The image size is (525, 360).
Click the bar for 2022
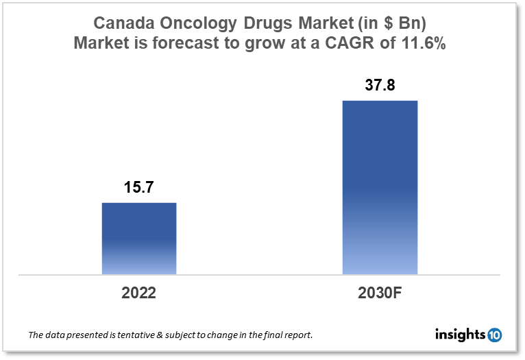(x=139, y=238)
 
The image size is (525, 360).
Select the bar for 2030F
(x=380, y=187)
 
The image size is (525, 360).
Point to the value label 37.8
(x=380, y=86)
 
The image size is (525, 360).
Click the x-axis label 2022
(x=139, y=293)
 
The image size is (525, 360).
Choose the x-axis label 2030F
(x=380, y=293)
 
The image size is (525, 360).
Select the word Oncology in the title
(x=199, y=23)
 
